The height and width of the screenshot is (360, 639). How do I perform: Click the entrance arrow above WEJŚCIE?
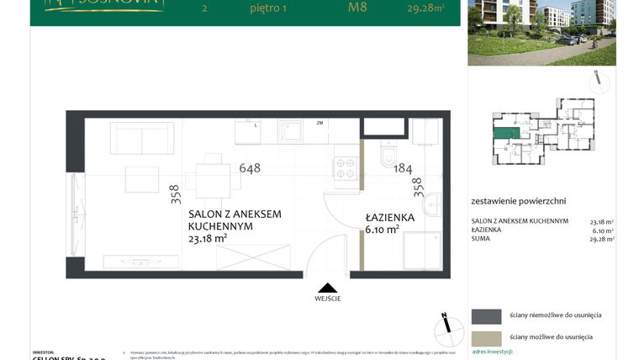click(x=328, y=287)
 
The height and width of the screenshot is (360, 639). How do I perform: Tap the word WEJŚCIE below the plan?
click(x=328, y=299)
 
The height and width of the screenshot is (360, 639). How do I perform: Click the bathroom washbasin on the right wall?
click(x=432, y=204)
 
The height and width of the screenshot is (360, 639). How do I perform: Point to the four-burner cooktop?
click(x=346, y=167)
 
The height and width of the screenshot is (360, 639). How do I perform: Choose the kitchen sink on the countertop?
click(x=291, y=132)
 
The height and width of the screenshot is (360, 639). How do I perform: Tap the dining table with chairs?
click(x=213, y=177)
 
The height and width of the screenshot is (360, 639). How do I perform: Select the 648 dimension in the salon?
click(x=250, y=167)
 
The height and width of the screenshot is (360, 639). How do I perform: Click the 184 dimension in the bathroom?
click(x=404, y=167)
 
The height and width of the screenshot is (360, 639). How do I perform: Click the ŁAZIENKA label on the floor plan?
click(x=389, y=217)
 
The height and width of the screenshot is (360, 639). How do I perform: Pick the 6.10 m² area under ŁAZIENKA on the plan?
click(x=381, y=230)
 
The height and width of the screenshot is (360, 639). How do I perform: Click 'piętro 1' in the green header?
click(x=267, y=11)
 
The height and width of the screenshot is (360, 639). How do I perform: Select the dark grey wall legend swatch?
click(x=486, y=316)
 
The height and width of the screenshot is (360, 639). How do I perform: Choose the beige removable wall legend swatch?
click(x=486, y=337)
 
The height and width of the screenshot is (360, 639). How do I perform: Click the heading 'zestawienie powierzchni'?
click(x=519, y=201)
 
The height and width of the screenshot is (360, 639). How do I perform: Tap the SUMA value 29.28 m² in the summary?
click(x=602, y=239)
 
